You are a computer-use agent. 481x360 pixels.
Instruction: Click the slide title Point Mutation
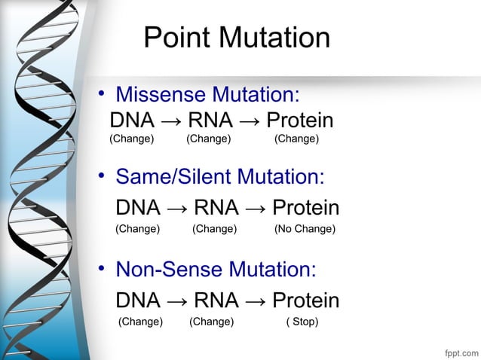coord(237,38)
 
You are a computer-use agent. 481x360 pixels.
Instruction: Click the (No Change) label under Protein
coord(305,228)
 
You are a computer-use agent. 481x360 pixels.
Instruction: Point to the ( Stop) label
coord(302,322)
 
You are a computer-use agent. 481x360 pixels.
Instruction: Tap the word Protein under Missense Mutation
coord(300,121)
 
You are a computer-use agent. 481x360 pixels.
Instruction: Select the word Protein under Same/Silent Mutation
coord(305,208)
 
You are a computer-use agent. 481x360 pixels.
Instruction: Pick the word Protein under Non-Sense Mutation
coord(305,301)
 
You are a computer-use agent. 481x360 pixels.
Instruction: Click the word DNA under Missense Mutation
coord(132,121)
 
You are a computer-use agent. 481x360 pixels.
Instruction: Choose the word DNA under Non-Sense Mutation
coord(137,301)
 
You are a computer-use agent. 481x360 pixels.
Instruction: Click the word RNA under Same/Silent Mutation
coord(216,208)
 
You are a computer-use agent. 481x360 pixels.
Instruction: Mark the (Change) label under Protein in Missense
coord(296,139)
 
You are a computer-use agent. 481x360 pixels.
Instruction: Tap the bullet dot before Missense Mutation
coord(98,96)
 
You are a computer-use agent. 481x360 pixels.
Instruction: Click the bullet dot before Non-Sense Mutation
coord(98,270)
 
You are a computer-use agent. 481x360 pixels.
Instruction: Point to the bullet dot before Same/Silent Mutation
coord(98,178)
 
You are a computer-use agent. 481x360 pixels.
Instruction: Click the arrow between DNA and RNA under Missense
coord(170,121)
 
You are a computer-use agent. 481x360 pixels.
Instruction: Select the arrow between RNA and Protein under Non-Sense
coord(255,301)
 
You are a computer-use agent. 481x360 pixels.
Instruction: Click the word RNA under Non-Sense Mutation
coord(216,301)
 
